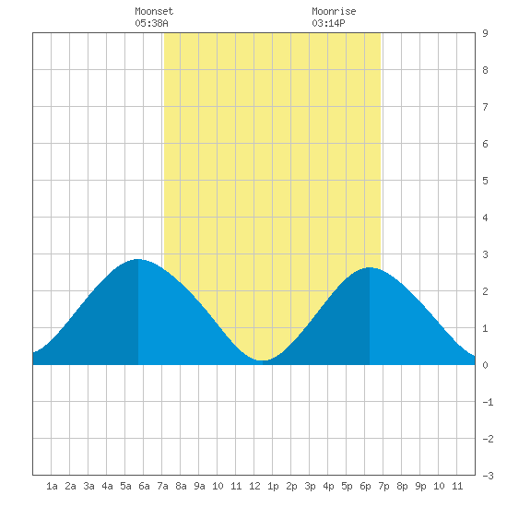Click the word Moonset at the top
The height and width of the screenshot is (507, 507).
[x=154, y=11]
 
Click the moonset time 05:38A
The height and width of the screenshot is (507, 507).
[x=151, y=23]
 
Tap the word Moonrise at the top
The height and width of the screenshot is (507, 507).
[x=334, y=11]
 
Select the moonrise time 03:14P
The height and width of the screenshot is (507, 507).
[x=328, y=23]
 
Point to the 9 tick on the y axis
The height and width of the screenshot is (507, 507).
[x=485, y=33]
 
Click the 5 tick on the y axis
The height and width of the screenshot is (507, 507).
[x=485, y=181]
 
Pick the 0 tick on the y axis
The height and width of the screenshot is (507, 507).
[x=485, y=365]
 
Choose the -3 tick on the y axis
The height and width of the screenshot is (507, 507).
[x=488, y=476]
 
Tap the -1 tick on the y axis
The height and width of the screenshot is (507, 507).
[x=488, y=402]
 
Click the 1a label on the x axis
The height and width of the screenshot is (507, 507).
[x=52, y=486]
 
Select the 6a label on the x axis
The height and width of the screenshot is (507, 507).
[x=144, y=486]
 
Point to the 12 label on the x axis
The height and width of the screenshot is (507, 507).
[x=254, y=486]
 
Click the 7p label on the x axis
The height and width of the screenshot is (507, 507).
[x=383, y=486]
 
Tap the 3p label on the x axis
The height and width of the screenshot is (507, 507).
[x=310, y=486]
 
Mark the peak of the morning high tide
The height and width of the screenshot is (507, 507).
[x=137, y=259]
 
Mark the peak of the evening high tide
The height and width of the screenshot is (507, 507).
[x=370, y=267]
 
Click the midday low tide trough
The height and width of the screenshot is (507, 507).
[x=263, y=360]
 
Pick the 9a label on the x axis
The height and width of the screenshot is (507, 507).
[x=199, y=486]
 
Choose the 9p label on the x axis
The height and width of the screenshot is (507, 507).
[x=420, y=486]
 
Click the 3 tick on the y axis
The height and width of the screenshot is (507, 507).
[x=485, y=254]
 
